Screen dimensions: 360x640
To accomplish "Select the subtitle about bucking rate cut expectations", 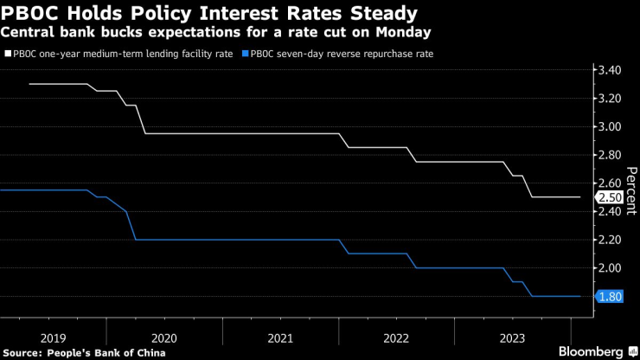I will (217, 33).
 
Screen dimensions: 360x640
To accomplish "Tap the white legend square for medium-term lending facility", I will (7, 54).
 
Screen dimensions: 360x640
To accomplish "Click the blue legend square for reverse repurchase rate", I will (246, 54).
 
